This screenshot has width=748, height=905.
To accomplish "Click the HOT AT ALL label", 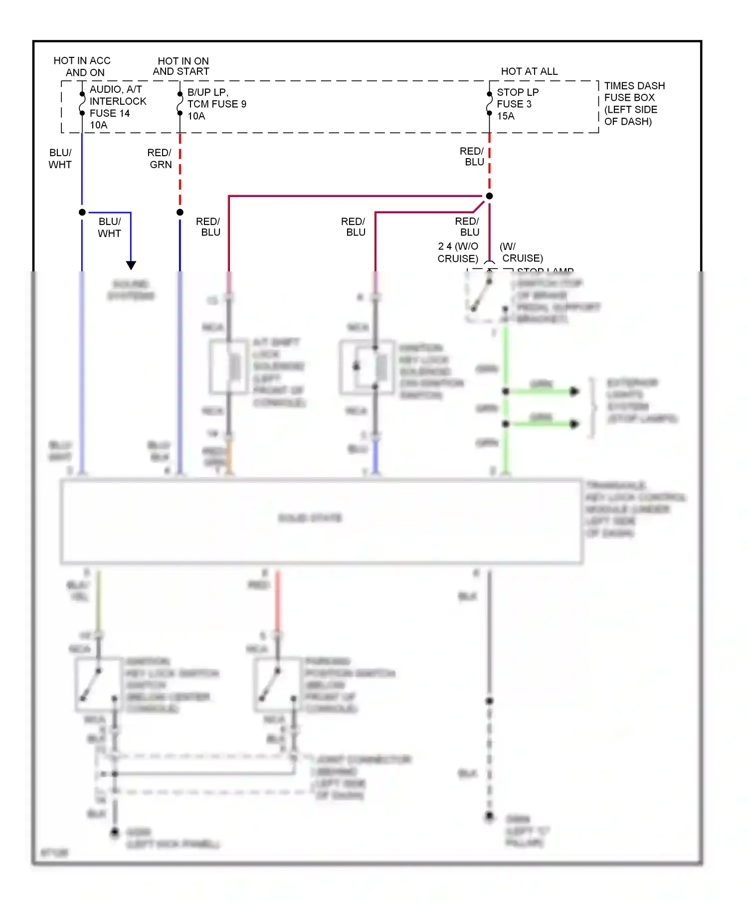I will click(529, 71).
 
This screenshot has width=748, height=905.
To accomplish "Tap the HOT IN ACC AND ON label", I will click(82, 66).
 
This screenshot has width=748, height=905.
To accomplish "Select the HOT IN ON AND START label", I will click(181, 66).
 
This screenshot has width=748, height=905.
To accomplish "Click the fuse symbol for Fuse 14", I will click(82, 104).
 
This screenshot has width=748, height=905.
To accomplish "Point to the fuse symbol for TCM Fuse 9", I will click(180, 104).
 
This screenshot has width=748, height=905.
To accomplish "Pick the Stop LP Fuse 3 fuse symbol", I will click(490, 104).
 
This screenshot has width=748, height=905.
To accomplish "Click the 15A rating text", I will click(506, 116).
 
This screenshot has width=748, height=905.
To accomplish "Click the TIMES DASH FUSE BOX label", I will click(634, 103).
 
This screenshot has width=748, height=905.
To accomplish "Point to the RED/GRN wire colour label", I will click(160, 159).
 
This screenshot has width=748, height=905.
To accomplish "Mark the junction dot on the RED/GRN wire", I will click(180, 213).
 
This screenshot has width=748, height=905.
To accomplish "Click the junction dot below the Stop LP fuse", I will click(490, 196).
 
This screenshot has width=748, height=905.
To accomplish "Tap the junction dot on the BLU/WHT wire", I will click(82, 213).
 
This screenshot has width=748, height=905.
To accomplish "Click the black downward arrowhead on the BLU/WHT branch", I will click(131, 265).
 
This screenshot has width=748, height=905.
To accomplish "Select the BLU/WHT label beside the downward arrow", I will click(109, 227).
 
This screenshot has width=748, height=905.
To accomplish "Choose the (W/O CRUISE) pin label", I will click(458, 252).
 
